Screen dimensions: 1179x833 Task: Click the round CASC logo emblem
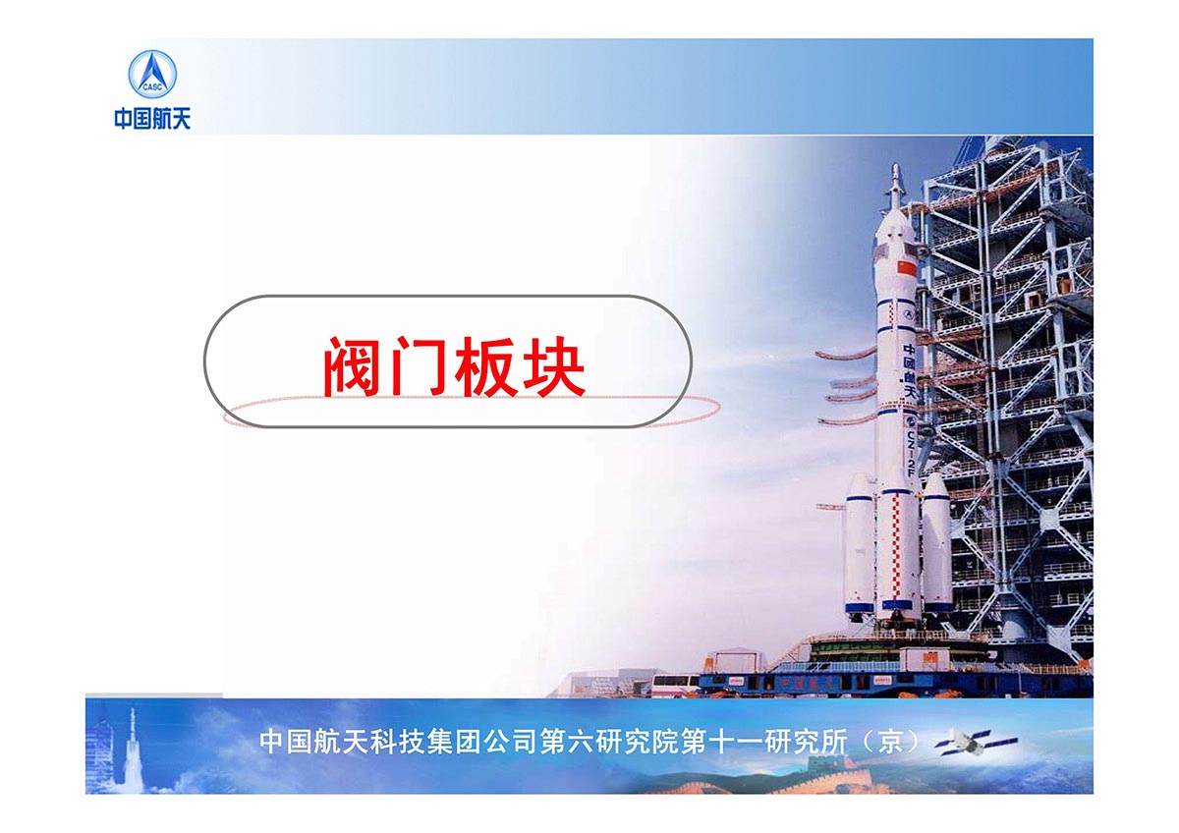click(152, 74)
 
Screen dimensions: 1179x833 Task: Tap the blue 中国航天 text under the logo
click(152, 119)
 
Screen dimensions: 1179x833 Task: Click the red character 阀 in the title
click(352, 366)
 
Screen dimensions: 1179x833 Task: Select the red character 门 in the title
click(418, 366)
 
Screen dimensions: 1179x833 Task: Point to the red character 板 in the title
click(486, 366)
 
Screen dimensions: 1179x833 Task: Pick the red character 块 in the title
click(554, 366)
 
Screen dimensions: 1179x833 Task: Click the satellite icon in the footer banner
click(976, 742)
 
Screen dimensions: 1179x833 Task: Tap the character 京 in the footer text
click(890, 742)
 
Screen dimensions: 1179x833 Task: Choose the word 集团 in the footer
click(454, 742)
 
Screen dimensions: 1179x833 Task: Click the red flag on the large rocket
click(906, 268)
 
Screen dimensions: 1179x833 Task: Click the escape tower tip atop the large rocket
click(895, 165)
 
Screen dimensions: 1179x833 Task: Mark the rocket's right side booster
click(937, 542)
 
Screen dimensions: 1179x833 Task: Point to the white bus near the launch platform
click(674, 683)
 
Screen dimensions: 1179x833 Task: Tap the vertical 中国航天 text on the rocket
click(910, 371)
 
